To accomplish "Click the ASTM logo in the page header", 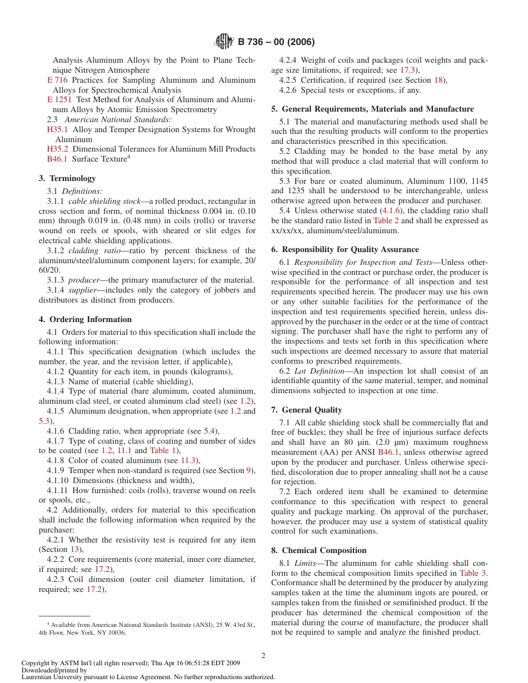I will pyautogui.click(x=224, y=42).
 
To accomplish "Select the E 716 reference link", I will pyautogui.click(x=57, y=81).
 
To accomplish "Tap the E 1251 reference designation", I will pyautogui.click(x=59, y=100).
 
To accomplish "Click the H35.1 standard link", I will pyautogui.click(x=57, y=129).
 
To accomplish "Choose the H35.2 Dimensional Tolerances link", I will pyautogui.click(x=57, y=149).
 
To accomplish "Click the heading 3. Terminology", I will pyautogui.click(x=67, y=178).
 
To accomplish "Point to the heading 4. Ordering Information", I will pyautogui.click(x=85, y=319).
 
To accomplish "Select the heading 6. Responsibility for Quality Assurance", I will pyautogui.click(x=345, y=249).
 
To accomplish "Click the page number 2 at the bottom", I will pyautogui.click(x=263, y=655).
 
